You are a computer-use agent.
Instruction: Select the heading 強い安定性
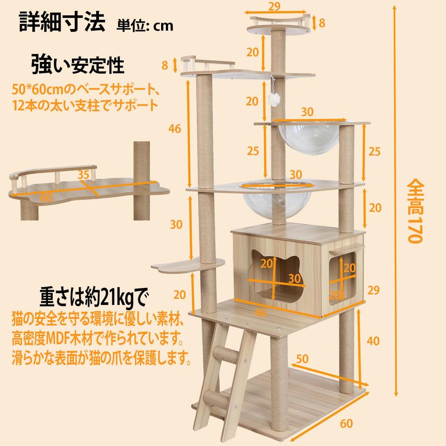pos(78,65)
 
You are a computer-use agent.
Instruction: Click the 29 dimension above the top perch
pos(274,6)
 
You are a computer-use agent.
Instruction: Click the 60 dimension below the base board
pos(346,423)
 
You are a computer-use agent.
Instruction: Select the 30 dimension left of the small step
pos(176,224)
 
